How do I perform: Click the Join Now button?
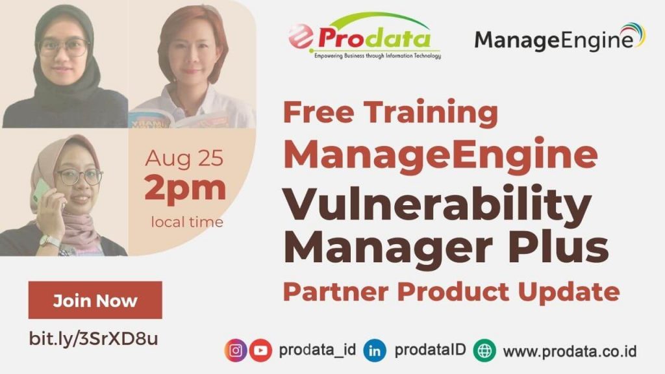point(95,300)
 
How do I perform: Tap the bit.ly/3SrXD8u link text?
point(94,338)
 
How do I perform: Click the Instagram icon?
point(236,351)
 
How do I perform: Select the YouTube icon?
point(260,351)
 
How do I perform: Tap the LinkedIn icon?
point(375,351)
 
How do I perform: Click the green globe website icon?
point(484,351)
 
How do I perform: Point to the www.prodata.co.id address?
point(570,351)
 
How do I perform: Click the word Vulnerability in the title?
point(437,204)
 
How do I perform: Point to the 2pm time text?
point(185,188)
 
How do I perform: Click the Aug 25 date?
point(184,158)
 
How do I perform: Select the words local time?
point(187,222)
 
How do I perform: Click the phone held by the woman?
point(41,192)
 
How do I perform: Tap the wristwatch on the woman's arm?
point(49,242)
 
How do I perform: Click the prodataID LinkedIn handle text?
point(430,350)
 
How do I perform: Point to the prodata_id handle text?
point(317,350)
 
